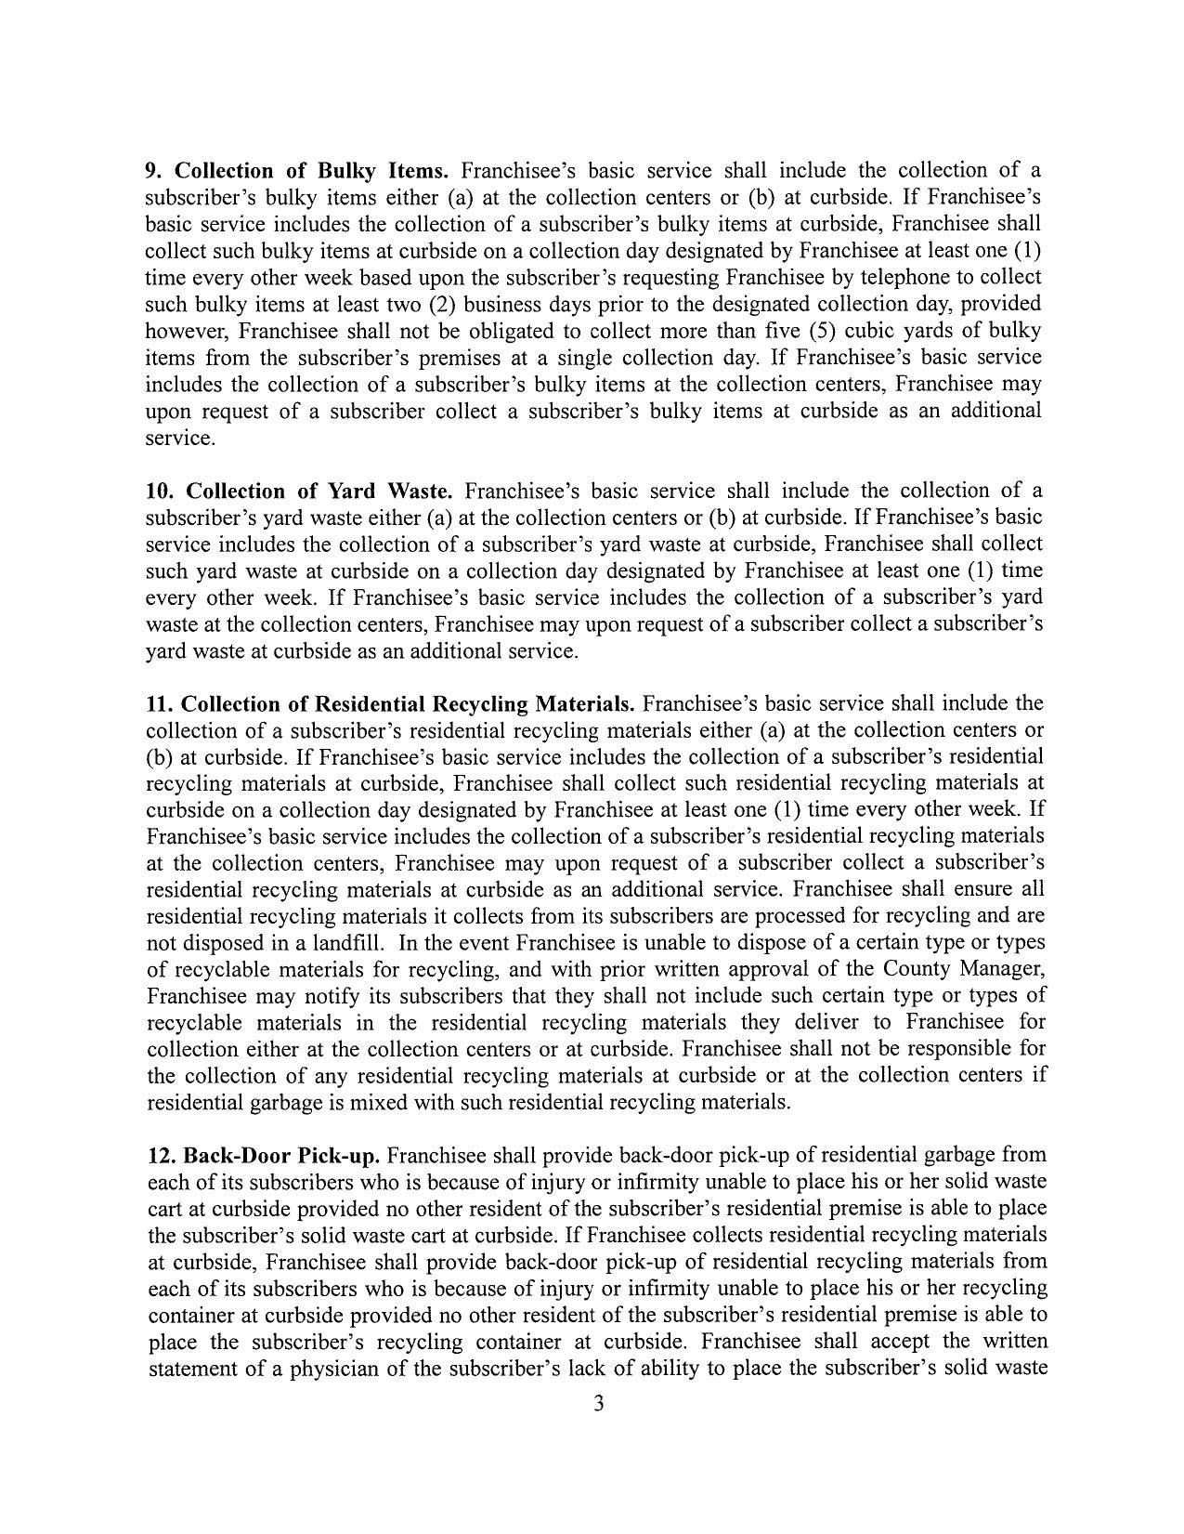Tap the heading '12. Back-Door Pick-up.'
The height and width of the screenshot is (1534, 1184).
(265, 1156)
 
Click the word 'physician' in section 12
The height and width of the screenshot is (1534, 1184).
(358, 1369)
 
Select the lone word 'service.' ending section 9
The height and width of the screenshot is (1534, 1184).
(180, 438)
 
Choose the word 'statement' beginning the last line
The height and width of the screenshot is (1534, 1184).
(190, 1369)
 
